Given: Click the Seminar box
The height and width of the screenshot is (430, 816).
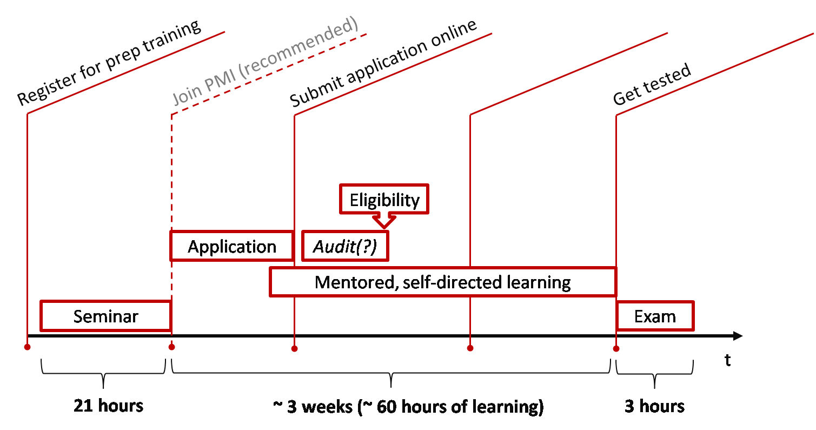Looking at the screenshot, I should click(105, 316).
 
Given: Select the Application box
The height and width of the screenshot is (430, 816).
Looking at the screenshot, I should click(231, 247).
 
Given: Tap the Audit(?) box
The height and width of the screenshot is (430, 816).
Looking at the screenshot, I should click(345, 247).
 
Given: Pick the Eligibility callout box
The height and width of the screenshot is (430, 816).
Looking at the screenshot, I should click(384, 200).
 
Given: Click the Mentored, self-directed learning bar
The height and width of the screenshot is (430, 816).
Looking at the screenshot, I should click(442, 282).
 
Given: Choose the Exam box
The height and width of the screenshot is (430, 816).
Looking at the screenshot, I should click(655, 316).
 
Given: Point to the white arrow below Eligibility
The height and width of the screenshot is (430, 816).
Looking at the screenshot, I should click(384, 220).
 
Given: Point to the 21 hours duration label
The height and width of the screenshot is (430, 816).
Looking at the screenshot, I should click(109, 406).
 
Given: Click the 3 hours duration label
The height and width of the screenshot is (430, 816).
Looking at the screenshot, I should click(654, 406).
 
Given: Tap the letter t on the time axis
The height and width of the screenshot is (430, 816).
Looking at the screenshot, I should click(728, 361).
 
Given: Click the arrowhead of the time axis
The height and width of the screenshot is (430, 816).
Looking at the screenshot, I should click(738, 336).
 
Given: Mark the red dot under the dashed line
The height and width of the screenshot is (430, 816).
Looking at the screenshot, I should click(171, 347).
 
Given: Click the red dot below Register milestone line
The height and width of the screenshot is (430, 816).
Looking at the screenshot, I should click(27, 347).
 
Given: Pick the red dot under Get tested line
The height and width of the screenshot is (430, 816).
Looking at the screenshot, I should click(616, 348).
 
